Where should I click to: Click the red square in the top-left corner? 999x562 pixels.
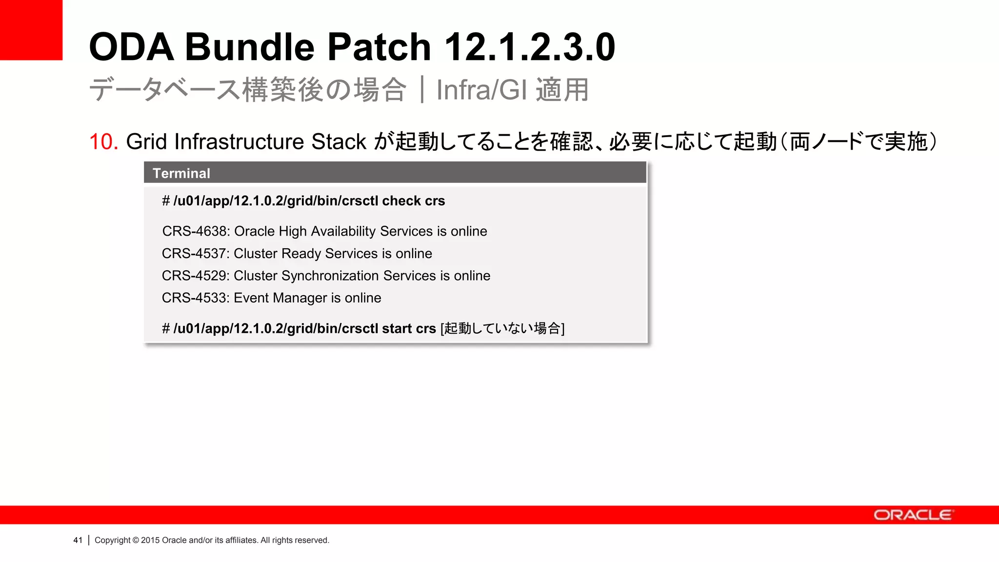tap(31, 30)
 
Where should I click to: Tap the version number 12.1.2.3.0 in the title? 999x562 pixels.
tap(530, 47)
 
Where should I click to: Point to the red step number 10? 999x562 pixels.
tap(103, 142)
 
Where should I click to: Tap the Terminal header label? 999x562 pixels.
tap(181, 173)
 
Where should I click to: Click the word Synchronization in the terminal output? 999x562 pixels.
tap(330, 276)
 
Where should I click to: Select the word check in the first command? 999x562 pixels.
tap(401, 201)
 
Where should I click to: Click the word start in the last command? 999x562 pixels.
tap(397, 329)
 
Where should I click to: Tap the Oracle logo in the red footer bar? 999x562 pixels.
tap(913, 515)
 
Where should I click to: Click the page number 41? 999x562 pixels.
tap(78, 540)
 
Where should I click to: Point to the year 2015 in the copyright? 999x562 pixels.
tap(150, 540)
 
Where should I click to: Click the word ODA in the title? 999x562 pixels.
tap(131, 47)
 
